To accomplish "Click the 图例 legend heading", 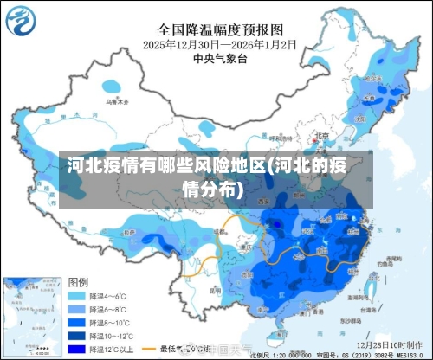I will pos(78,282).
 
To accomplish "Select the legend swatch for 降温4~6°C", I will pos(77,296).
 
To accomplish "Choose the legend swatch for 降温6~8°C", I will pos(77,310).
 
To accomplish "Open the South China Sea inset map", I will pos(31,317).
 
